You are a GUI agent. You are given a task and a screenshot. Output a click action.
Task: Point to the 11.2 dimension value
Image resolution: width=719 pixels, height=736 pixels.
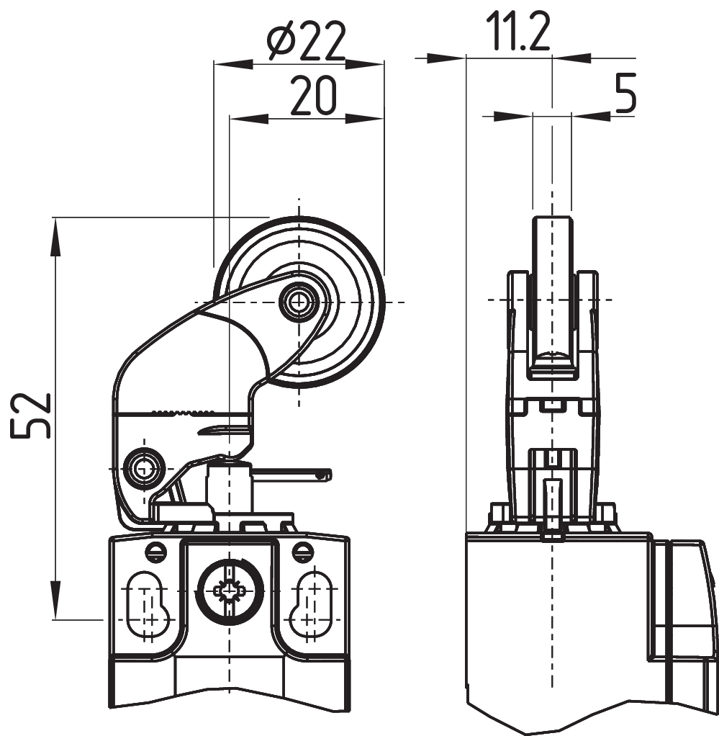[x=517, y=33]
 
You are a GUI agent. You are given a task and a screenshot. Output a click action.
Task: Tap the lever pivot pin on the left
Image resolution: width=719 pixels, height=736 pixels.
[x=142, y=468]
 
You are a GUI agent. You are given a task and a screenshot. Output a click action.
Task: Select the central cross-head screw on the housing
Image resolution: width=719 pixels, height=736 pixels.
[x=228, y=591]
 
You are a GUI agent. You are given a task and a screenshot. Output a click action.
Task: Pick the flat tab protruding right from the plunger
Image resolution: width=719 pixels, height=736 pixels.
[x=295, y=474]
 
